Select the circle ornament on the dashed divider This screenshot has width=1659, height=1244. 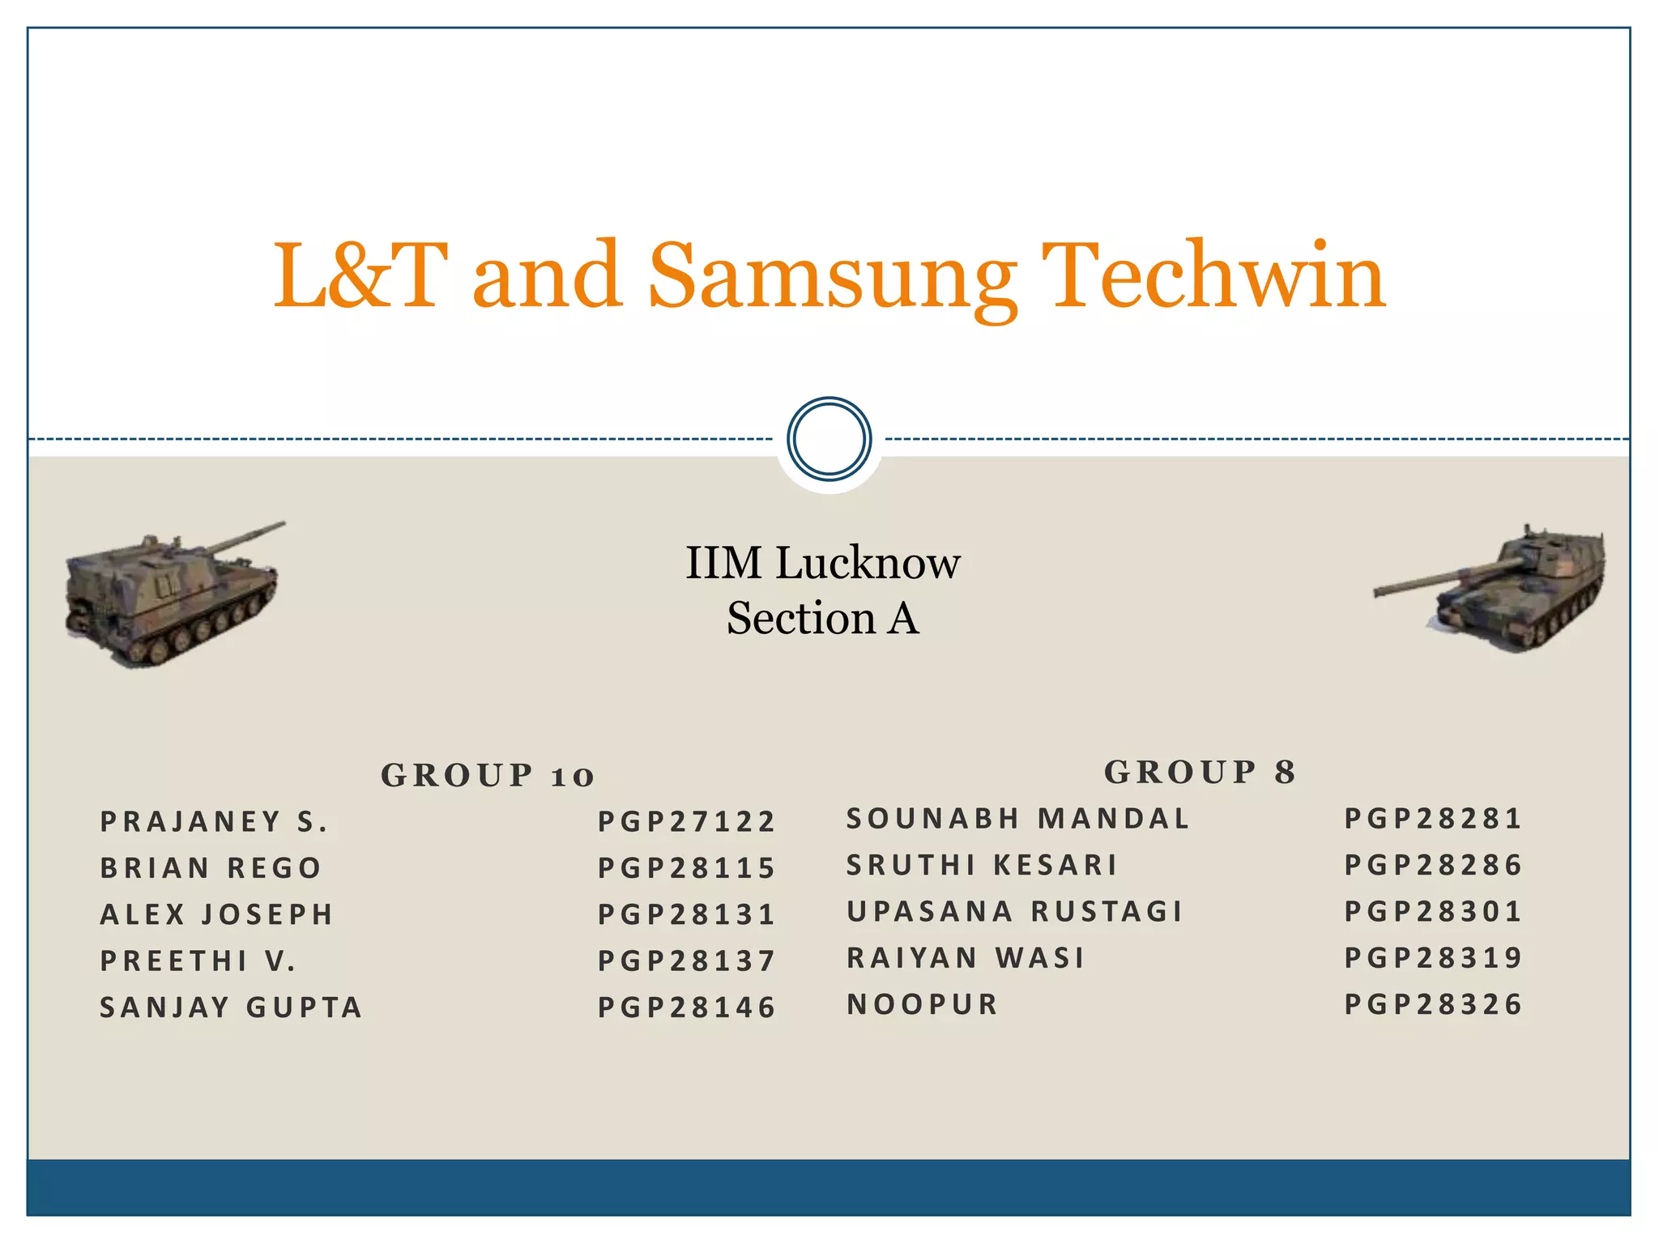(x=829, y=438)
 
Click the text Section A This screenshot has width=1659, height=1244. (x=822, y=618)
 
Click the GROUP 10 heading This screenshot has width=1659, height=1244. (x=488, y=775)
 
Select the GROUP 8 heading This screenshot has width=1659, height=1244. (x=1200, y=772)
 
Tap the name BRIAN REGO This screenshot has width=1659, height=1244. (x=211, y=867)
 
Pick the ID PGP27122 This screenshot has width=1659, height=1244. (x=686, y=821)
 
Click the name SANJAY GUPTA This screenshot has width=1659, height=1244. (x=231, y=1007)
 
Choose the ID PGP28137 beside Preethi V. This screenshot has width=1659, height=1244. (x=686, y=961)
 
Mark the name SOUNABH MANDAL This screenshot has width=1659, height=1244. (x=1017, y=818)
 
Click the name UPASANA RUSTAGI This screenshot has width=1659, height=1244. (x=1014, y=911)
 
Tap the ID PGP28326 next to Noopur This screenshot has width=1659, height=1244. (x=1433, y=1004)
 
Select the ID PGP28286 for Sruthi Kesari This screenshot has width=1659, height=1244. (x=1433, y=865)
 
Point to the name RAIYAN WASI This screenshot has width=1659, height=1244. (x=965, y=957)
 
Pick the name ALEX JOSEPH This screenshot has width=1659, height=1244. (x=216, y=914)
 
